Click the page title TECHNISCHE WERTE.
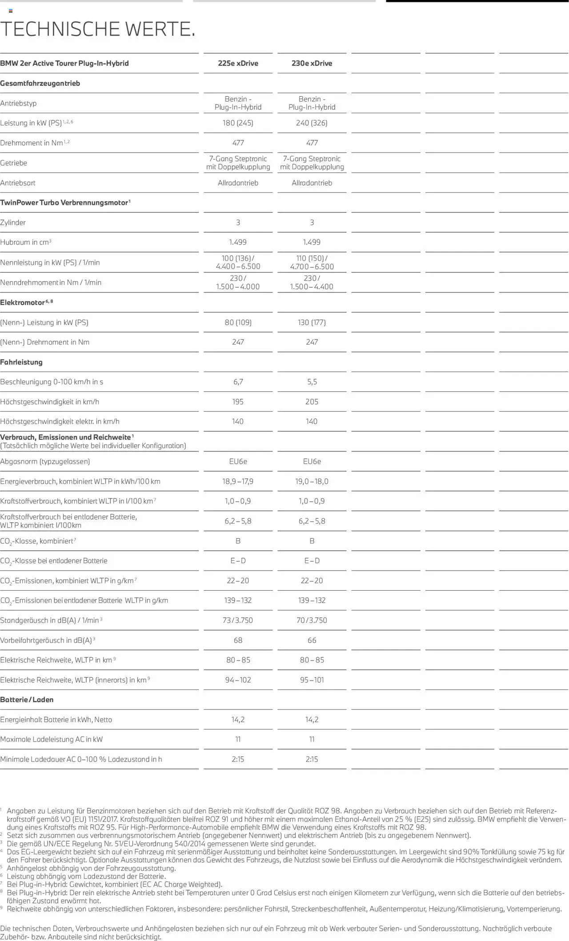click(x=98, y=29)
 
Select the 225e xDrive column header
click(x=238, y=63)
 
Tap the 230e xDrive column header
click(x=312, y=63)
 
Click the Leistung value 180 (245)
click(x=238, y=123)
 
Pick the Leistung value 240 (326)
click(x=312, y=123)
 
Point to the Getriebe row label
click(x=14, y=163)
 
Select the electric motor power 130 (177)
click(x=312, y=322)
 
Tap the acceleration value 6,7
click(x=238, y=382)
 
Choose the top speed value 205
click(x=312, y=402)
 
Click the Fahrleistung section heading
click(x=21, y=362)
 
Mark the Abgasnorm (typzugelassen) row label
click(x=45, y=461)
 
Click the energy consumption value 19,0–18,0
click(x=312, y=481)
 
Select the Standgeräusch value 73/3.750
click(x=238, y=620)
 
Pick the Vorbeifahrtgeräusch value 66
click(x=312, y=640)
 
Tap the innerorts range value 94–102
click(x=238, y=680)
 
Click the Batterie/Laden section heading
click(x=27, y=700)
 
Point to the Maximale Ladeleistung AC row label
click(x=52, y=739)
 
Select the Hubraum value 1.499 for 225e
click(x=238, y=242)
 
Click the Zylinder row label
click(x=13, y=222)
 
